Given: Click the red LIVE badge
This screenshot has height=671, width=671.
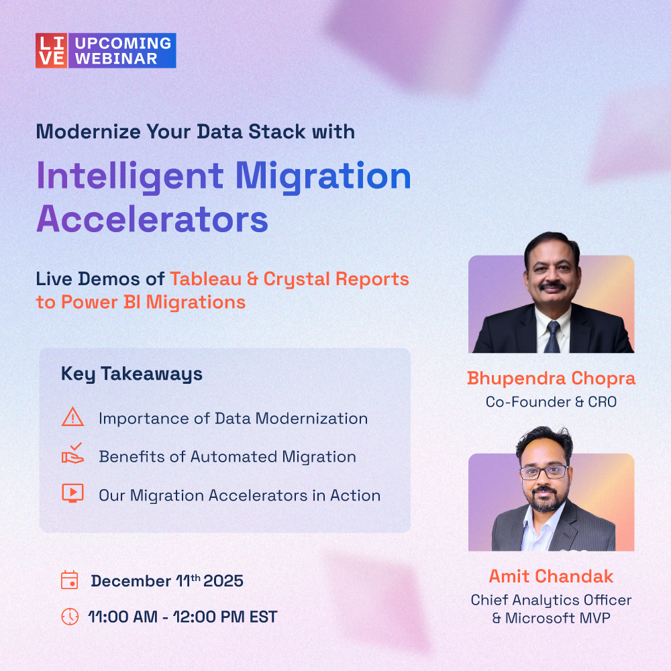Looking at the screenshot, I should point(52,50).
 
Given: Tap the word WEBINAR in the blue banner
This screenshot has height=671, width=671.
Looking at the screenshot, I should point(115,58).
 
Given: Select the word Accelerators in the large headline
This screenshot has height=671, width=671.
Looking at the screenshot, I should point(152,218).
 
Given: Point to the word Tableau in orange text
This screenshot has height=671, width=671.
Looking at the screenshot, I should point(209,278).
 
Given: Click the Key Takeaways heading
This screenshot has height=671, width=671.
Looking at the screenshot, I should point(132,374).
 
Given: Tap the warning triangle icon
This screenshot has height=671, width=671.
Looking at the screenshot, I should point(72,417).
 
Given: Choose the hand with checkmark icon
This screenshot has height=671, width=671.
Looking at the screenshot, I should point(72,456).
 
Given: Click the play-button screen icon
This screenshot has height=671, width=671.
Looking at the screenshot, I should point(72,493).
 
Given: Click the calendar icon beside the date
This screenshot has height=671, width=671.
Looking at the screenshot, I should point(70,580).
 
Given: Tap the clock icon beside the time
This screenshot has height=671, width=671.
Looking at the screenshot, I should point(70,616).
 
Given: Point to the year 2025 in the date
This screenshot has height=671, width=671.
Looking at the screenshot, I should point(223,581).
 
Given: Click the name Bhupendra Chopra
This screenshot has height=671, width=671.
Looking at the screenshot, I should point(551,378).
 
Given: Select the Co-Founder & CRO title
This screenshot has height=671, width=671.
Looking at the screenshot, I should point(551,402).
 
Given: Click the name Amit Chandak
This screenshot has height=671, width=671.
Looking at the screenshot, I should point(551,576).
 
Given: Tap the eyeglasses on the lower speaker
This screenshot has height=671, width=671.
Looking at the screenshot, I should point(544,472).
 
